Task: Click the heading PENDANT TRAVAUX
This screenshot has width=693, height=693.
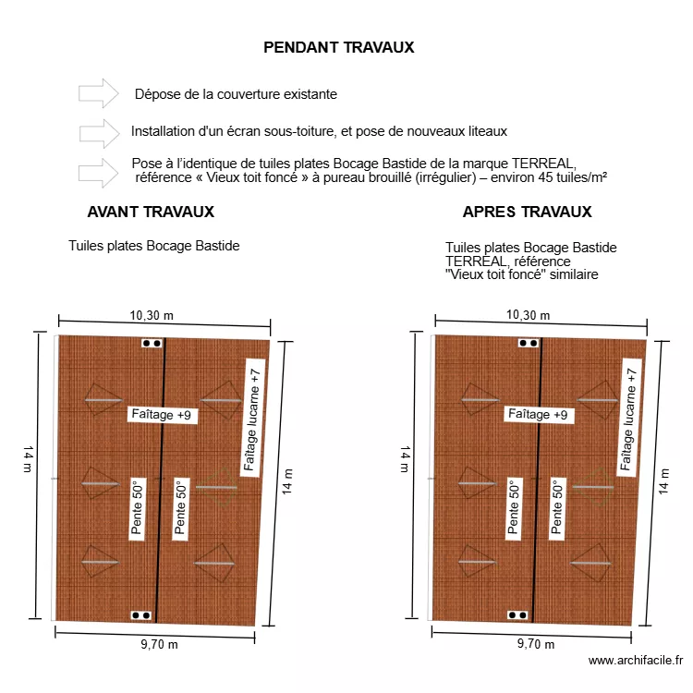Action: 338,47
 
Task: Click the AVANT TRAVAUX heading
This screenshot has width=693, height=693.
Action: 151,212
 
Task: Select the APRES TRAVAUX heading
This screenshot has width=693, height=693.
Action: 527,212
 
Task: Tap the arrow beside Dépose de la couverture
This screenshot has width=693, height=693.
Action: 99,93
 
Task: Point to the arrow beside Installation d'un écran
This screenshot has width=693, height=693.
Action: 99,132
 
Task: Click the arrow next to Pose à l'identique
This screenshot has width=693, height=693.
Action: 99,171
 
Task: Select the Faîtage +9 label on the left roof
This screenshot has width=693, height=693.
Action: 161,415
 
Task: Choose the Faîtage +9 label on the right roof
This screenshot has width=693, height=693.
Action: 538,415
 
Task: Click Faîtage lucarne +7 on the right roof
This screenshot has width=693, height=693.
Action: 628,419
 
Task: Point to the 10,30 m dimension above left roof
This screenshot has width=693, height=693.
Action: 152,315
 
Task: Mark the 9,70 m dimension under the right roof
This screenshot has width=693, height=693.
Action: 536,644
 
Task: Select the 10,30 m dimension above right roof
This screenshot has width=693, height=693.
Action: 529,315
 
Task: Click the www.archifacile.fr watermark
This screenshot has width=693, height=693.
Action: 636,660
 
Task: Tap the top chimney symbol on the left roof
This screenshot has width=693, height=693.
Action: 151,344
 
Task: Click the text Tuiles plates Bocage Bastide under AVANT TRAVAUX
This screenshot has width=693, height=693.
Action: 153,247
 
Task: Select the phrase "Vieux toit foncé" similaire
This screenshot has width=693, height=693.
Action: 521,274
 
